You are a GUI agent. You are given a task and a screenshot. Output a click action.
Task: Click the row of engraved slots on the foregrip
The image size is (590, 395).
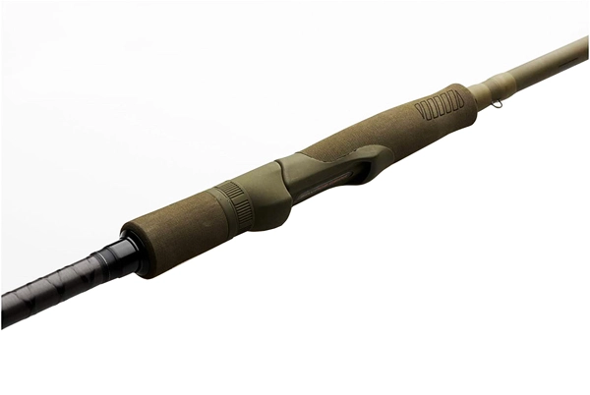tap(439, 104)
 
